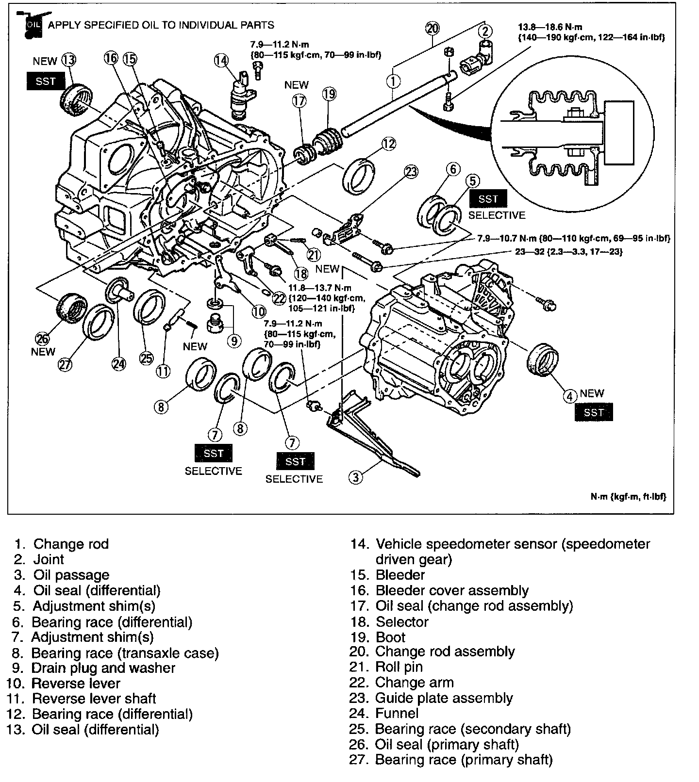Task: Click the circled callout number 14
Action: (221, 60)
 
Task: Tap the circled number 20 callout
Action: (433, 29)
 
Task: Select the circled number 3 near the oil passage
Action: (356, 477)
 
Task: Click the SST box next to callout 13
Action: (46, 81)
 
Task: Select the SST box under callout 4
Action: (594, 412)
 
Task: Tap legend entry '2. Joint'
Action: (41, 559)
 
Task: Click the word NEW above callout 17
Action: (297, 84)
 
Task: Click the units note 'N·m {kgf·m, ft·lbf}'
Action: (628, 496)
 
